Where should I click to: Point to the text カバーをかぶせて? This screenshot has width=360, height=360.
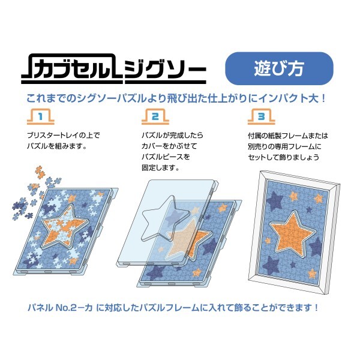tap(167, 146)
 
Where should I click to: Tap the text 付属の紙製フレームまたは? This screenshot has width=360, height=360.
tap(287, 136)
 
